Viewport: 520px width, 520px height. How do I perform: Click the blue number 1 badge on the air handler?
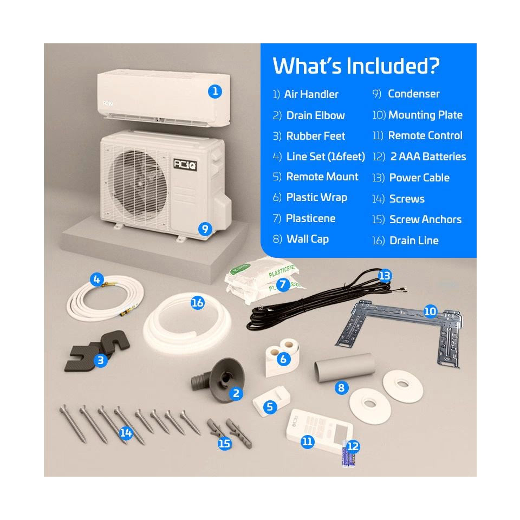coord(215,91)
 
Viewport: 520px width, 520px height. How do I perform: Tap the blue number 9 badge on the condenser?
coord(204,229)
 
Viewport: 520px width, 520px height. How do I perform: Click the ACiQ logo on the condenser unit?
coord(185,164)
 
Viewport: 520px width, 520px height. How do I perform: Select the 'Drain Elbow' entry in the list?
coord(315,115)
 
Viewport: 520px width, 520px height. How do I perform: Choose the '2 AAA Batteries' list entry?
coord(428,157)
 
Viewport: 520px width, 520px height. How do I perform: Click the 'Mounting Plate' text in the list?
coord(425,115)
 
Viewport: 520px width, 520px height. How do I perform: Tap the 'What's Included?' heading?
coord(356,66)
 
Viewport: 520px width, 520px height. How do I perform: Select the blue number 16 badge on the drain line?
coord(197,303)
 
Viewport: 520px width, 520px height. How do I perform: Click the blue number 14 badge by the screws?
coord(126,433)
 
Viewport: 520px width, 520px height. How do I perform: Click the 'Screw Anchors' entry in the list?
coord(425,219)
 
